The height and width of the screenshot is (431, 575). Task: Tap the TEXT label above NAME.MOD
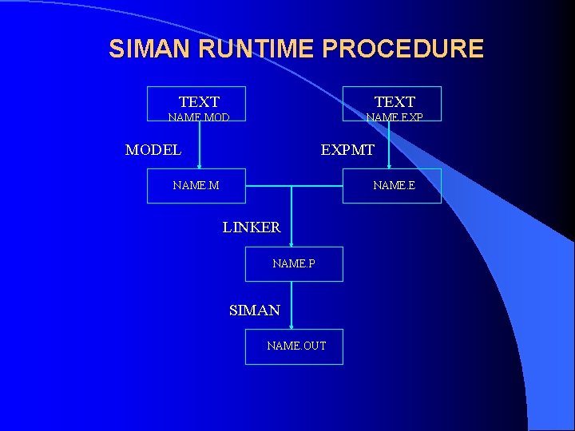click(199, 101)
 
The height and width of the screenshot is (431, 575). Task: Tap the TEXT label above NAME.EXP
click(395, 101)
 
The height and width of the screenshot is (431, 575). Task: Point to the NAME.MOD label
click(199, 117)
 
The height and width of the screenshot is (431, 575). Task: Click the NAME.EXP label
click(395, 117)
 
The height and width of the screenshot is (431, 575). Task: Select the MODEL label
click(153, 149)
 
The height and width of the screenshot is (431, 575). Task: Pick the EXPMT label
click(347, 149)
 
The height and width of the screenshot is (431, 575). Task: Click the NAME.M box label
click(196, 186)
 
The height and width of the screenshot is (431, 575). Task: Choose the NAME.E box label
click(394, 186)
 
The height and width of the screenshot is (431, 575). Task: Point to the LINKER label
click(252, 227)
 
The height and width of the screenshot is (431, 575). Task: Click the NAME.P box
click(294, 263)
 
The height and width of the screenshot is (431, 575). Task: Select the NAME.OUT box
click(294, 346)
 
